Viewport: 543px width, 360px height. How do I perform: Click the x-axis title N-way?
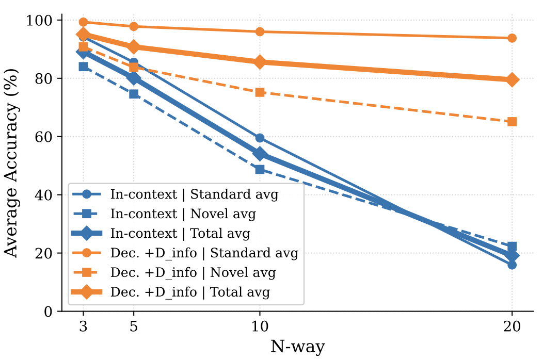pos(297,347)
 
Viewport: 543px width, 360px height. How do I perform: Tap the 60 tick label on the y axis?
pos(43,137)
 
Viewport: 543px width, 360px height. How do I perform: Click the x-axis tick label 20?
pos(512,328)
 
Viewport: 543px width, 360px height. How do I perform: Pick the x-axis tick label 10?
pos(260,328)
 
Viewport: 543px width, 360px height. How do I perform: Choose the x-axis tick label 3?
pos(83,328)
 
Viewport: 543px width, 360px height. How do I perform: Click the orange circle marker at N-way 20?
pos(512,38)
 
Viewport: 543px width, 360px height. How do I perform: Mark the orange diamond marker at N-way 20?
pos(512,80)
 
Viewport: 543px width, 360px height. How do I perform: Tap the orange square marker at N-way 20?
pos(512,122)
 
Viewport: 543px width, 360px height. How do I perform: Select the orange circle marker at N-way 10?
pos(260,32)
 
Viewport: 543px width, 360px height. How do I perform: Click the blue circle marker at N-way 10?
pos(260,138)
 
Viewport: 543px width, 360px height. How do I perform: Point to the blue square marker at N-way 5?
pos(134,94)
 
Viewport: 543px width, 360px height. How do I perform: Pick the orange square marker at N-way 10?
pos(260,92)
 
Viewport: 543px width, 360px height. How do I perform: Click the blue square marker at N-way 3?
pos(83,67)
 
